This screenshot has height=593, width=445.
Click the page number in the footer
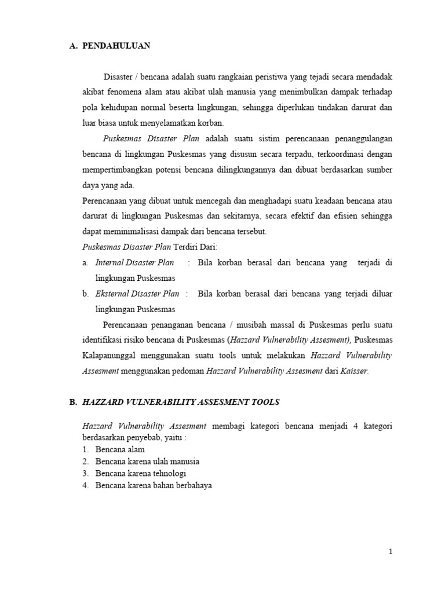(x=391, y=552)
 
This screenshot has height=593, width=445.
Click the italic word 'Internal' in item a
(x=110, y=262)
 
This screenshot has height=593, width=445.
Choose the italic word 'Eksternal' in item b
(x=112, y=294)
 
